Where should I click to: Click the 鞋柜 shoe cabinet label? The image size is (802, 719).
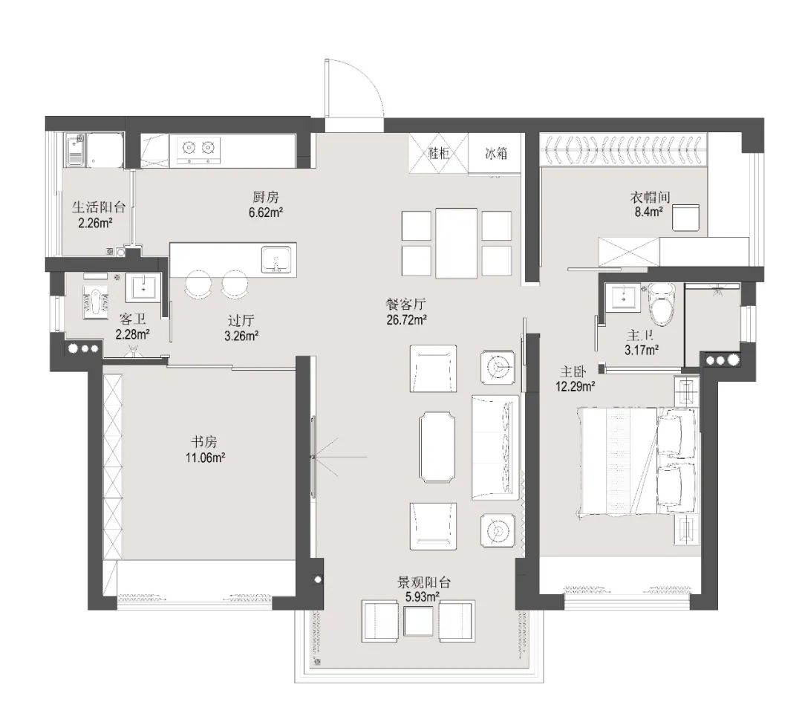[x=438, y=152]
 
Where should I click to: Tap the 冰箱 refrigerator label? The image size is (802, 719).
[x=495, y=152]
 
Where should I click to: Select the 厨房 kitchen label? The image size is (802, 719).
[x=266, y=197]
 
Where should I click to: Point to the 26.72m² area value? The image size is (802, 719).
[x=407, y=320]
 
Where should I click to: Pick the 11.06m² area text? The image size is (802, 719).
[x=205, y=458]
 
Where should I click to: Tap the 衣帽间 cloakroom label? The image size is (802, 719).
[x=650, y=197]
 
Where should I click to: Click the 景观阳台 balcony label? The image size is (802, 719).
[x=424, y=582]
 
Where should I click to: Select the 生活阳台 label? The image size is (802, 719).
[x=98, y=207]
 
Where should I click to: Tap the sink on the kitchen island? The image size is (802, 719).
[x=278, y=259]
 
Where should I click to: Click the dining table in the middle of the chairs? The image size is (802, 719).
[x=456, y=243]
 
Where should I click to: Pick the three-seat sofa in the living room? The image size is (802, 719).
[x=495, y=446]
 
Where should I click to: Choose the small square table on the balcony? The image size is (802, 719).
[x=418, y=621]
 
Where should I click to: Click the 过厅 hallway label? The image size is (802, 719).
[x=241, y=320]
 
